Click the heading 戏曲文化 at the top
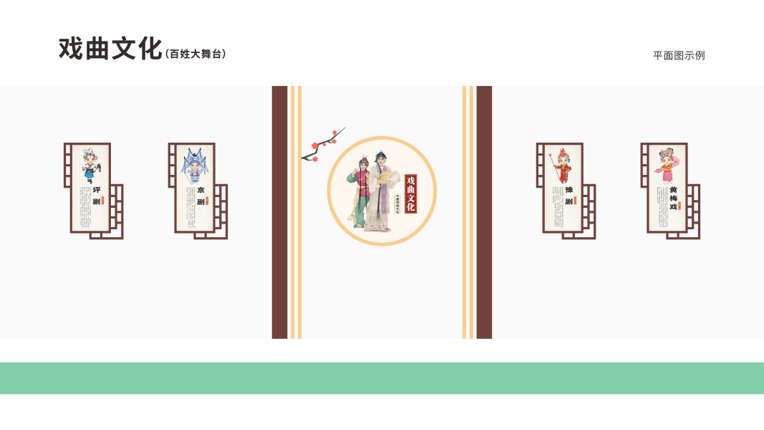click(x=110, y=49)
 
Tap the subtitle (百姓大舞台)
click(x=195, y=54)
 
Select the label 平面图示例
click(x=678, y=55)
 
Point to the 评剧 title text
click(x=97, y=196)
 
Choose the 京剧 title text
click(x=200, y=196)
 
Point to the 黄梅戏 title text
click(x=673, y=198)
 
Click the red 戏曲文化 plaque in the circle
click(x=410, y=193)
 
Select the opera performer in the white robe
click(x=380, y=192)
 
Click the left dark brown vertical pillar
click(x=279, y=212)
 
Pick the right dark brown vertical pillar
click(x=484, y=212)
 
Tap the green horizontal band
click(x=382, y=378)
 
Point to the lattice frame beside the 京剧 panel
click(x=221, y=212)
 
